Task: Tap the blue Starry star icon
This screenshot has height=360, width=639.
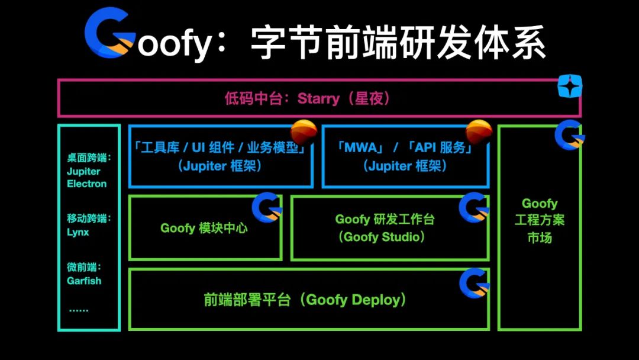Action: pos(570,86)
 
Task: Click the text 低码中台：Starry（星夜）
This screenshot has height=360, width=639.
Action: pos(308,98)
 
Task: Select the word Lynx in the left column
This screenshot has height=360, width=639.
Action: pos(78,232)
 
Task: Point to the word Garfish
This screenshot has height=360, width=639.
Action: pos(84,281)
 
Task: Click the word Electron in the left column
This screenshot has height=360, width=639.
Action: pos(87,184)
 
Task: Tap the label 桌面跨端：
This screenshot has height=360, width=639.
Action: pos(89,158)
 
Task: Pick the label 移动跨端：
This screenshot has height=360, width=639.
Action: pos(89,218)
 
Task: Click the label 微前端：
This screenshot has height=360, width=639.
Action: pos(84,267)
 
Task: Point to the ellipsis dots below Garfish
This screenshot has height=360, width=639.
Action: pos(78,308)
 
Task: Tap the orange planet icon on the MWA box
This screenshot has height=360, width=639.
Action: pos(479,131)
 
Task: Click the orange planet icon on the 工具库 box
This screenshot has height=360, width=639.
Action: pos(304,131)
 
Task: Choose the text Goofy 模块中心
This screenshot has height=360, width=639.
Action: pos(204,228)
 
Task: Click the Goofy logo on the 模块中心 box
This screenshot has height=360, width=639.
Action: pos(266,207)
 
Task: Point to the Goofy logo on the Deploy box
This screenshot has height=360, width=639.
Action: pos(474,282)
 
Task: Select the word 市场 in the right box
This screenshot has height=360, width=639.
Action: pos(539,237)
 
